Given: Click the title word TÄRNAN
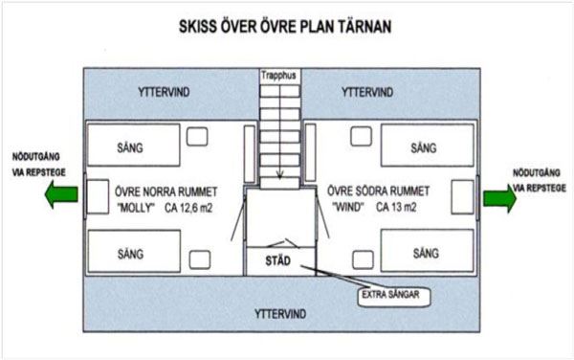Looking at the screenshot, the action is pos(364,27).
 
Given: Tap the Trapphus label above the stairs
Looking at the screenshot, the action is pos(278,76).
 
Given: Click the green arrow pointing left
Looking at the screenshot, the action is pos(61,194).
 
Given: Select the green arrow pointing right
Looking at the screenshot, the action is pos(499,198).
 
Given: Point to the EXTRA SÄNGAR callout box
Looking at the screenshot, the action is pos(394,295).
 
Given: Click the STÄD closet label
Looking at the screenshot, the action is pos(277,260).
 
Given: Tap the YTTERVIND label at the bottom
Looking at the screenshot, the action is pos(280,314).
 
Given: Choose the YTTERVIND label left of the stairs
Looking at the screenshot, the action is pos(164,92).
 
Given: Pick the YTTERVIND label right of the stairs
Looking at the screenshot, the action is pos(367,92).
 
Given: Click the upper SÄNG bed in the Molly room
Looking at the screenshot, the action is pos(134,145).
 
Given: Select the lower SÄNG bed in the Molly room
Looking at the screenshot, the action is pos(134,251).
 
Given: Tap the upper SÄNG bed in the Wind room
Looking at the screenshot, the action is pos(428,146).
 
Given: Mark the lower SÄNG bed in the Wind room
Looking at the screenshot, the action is pos(428,251).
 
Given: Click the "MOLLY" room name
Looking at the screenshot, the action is pos(136,208).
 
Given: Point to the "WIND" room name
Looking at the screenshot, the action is pos(348,207).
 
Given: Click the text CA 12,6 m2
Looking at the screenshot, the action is pos(188,208).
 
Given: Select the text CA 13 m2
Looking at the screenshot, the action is pos(396,207).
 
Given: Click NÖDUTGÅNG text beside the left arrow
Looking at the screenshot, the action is pos(36,157).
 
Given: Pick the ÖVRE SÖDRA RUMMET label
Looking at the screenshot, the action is pos(378,191).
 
